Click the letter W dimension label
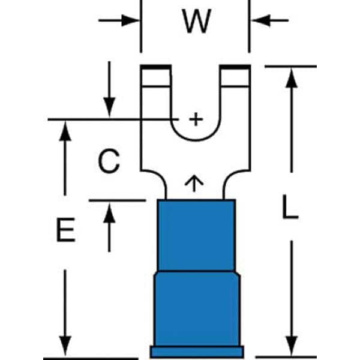[x=196, y=22]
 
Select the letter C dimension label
[x=109, y=161]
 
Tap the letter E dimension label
[x=65, y=230]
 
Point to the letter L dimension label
[x=290, y=206]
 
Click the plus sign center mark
[x=196, y=119]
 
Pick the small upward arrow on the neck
[x=194, y=184]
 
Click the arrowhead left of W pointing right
[x=130, y=20]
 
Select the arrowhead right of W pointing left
[x=261, y=20]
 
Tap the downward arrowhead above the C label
[x=109, y=107]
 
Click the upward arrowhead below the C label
[x=109, y=213]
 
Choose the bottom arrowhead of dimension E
[x=65, y=346]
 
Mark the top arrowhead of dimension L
[x=292, y=78]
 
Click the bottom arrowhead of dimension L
[x=292, y=346]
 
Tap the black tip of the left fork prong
[x=156, y=67]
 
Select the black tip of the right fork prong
[x=235, y=67]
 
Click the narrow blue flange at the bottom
[x=197, y=352]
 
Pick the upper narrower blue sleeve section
[x=197, y=235]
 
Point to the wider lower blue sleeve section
[x=197, y=309]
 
